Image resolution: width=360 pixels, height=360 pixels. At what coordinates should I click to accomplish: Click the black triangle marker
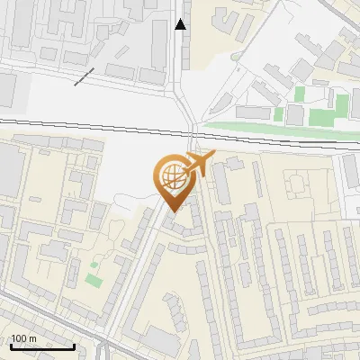pos(181,24)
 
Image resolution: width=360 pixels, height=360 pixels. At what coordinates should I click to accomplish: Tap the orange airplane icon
pos(200,165)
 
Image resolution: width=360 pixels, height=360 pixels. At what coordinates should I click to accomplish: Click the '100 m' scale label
pos(23,338)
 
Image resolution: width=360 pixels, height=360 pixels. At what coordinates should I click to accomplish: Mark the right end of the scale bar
pos(75,346)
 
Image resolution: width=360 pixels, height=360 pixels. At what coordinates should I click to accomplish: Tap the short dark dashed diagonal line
pos(84,77)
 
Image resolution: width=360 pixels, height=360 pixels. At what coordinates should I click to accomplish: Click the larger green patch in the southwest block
pos(93,280)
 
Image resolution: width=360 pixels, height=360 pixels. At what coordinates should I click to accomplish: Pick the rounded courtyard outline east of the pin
pos(294,185)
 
